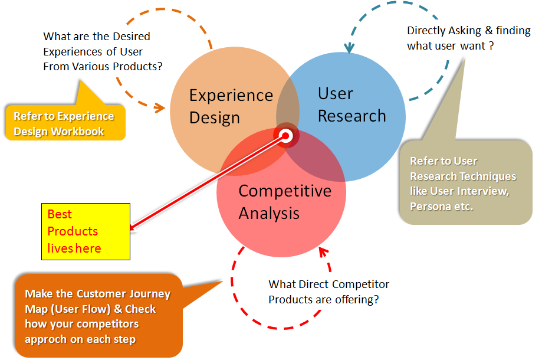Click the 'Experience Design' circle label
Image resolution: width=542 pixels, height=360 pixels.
(231, 106)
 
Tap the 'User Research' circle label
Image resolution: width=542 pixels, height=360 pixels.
(352, 104)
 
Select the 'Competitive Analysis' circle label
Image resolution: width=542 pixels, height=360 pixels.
(284, 201)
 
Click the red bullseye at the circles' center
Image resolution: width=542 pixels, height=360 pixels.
(287, 136)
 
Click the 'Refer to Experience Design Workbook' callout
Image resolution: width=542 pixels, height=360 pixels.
(64, 123)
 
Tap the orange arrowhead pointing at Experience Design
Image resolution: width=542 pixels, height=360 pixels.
(159, 108)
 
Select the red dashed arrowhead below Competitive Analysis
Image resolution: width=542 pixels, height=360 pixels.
(322, 252)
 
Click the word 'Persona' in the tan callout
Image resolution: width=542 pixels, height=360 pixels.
(430, 207)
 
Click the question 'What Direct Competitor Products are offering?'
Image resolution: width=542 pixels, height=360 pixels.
(328, 292)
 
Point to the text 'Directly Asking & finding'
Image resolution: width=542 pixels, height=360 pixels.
(468, 31)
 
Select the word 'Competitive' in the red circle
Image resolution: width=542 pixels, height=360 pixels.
(284, 191)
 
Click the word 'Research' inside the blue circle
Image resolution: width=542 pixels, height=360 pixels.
(352, 116)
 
